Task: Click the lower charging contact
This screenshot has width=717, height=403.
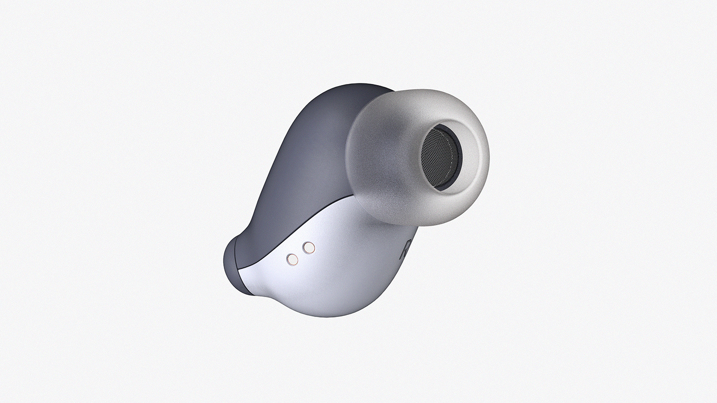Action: click(292, 260)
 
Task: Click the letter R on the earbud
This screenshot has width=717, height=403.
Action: click(405, 250)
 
